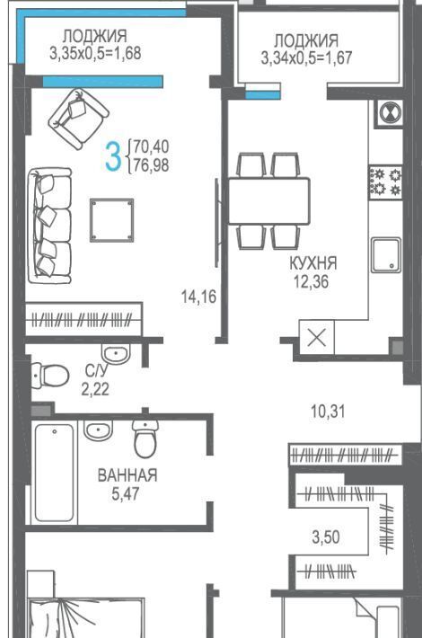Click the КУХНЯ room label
point(313,263)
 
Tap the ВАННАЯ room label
point(127,474)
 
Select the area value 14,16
point(198,297)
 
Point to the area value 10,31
point(328,412)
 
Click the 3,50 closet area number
point(326,537)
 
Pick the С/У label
point(97,371)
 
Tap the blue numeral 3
point(113,155)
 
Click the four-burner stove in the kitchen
point(385,182)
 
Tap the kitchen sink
point(385,255)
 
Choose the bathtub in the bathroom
point(54,473)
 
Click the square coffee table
point(112,220)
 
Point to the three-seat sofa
point(49,226)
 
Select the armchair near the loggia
point(78,119)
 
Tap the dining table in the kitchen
point(269,200)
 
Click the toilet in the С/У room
point(50,375)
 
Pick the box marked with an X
point(316,337)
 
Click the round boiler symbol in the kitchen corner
point(390,112)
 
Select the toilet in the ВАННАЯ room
point(145,439)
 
